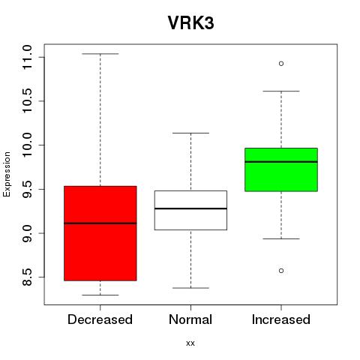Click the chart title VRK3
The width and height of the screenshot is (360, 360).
[x=190, y=23]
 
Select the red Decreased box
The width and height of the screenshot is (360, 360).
[x=100, y=233]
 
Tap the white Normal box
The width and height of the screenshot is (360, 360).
[x=190, y=210]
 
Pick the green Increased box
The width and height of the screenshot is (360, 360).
[x=281, y=169]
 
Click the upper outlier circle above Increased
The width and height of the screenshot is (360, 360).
[x=281, y=64]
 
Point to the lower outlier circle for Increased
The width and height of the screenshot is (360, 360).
[x=281, y=271]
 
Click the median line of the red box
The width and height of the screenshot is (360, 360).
[x=100, y=223]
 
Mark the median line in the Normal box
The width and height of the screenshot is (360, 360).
[x=190, y=208]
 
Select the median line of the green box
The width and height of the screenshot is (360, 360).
[x=281, y=162]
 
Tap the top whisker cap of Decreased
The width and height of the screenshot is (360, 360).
[x=100, y=53]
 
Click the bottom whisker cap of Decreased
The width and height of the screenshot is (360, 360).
[x=100, y=295]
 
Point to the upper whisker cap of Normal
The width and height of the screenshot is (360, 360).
[x=190, y=133]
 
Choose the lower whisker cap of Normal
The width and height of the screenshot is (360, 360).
[x=190, y=288]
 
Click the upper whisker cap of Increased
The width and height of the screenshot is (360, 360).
[x=281, y=91]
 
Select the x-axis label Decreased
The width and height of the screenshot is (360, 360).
[x=100, y=319]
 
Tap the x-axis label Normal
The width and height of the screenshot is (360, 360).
[x=190, y=319]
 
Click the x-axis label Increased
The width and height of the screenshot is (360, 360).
[x=281, y=319]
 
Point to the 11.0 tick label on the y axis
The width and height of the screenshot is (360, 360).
[x=27, y=57]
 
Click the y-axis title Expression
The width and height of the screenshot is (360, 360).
[x=7, y=174]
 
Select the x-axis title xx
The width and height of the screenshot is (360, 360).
[x=190, y=343]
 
